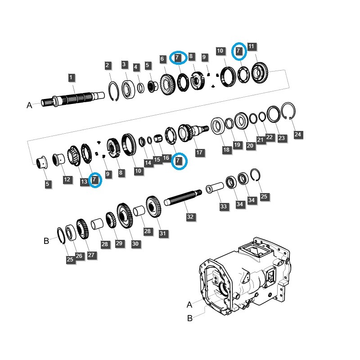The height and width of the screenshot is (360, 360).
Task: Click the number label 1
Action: click(71, 77)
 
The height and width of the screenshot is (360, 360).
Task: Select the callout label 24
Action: click(297, 134)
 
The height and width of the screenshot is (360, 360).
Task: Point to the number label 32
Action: click(190, 217)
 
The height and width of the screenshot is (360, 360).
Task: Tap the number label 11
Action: click(251, 47)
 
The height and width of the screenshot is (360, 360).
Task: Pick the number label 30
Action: click(135, 244)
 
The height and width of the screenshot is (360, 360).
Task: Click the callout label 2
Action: click(108, 66)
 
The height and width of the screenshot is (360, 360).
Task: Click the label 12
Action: click(67, 180)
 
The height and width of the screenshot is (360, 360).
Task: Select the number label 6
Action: click(162, 59)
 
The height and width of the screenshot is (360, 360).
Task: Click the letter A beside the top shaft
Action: click(29, 105)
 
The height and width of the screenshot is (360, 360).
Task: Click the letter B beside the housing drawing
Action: click(189, 318)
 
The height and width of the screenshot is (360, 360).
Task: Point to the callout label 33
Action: click(224, 206)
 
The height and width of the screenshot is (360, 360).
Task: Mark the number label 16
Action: click(166, 157)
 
